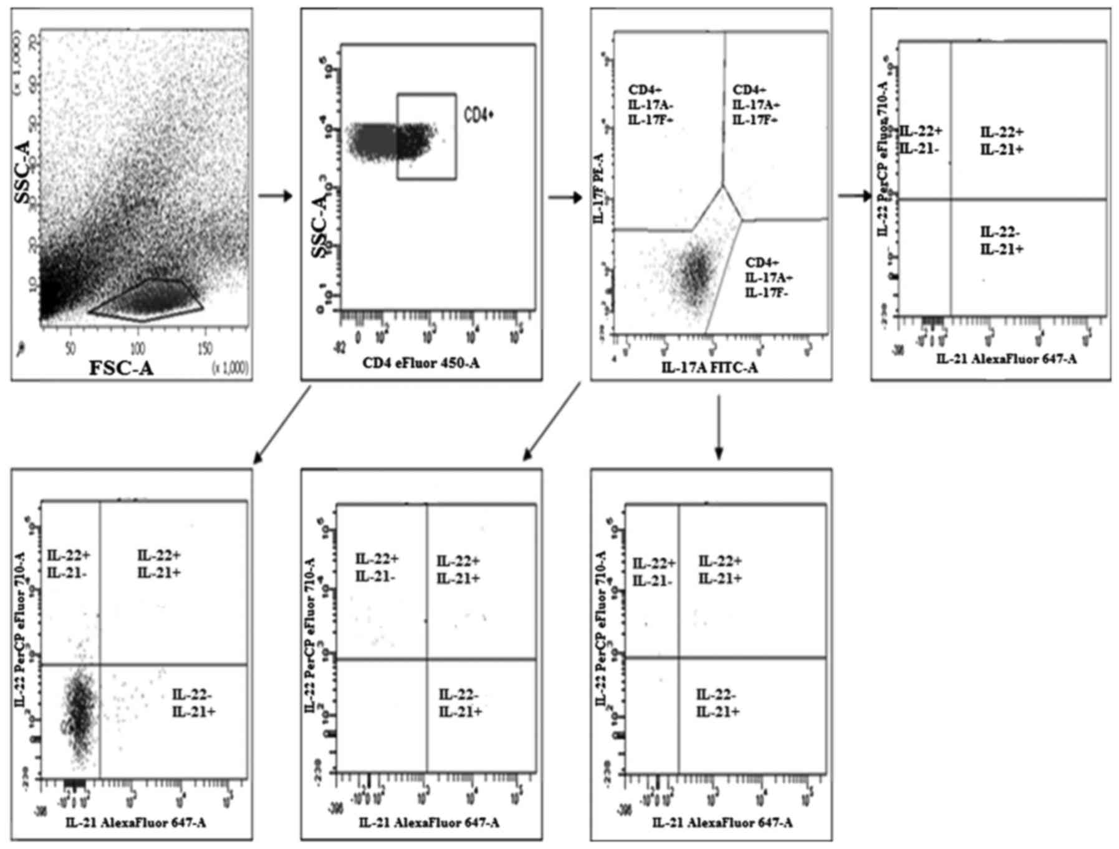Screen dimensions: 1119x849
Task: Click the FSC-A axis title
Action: [121, 368]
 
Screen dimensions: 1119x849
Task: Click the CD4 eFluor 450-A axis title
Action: [421, 362]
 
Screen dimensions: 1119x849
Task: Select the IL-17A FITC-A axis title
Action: [709, 368]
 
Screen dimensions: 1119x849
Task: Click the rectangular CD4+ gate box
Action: [426, 137]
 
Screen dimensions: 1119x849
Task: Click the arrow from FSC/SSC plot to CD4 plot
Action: [275, 196]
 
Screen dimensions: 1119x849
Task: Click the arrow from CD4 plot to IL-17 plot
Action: [564, 198]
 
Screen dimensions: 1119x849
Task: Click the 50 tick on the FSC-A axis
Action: [70, 348]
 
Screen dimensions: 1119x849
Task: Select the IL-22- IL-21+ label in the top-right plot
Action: [1001, 241]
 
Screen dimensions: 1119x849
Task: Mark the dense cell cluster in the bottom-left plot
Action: [79, 714]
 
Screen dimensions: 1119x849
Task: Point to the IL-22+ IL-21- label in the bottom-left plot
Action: [69, 562]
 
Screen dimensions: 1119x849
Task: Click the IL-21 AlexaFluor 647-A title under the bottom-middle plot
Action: [429, 823]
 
